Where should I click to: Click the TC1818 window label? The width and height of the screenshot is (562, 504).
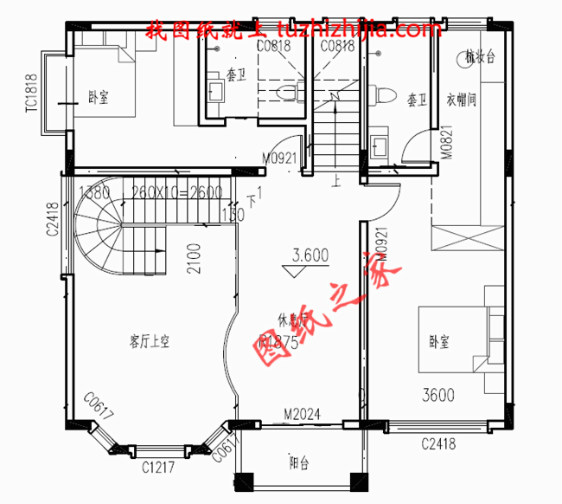pyautogui.click(x=32, y=93)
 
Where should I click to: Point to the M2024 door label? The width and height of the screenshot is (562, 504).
pyautogui.click(x=303, y=415)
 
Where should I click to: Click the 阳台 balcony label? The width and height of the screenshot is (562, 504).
pyautogui.click(x=299, y=463)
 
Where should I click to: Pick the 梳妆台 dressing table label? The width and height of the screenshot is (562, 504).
pyautogui.click(x=479, y=58)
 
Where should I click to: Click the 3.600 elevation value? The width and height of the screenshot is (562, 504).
pyautogui.click(x=310, y=255)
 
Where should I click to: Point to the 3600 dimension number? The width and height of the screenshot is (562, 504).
pyautogui.click(x=437, y=396)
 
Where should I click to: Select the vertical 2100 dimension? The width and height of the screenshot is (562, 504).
pyautogui.click(x=194, y=257)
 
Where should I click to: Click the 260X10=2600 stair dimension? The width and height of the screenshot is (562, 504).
pyautogui.click(x=176, y=192)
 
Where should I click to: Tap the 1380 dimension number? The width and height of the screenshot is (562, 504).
pyautogui.click(x=94, y=192)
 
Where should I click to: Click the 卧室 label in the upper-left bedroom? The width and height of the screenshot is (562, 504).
pyautogui.click(x=99, y=95)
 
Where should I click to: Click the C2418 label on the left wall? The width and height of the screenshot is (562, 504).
pyautogui.click(x=53, y=219)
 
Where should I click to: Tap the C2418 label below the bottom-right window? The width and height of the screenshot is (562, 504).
pyautogui.click(x=439, y=445)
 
